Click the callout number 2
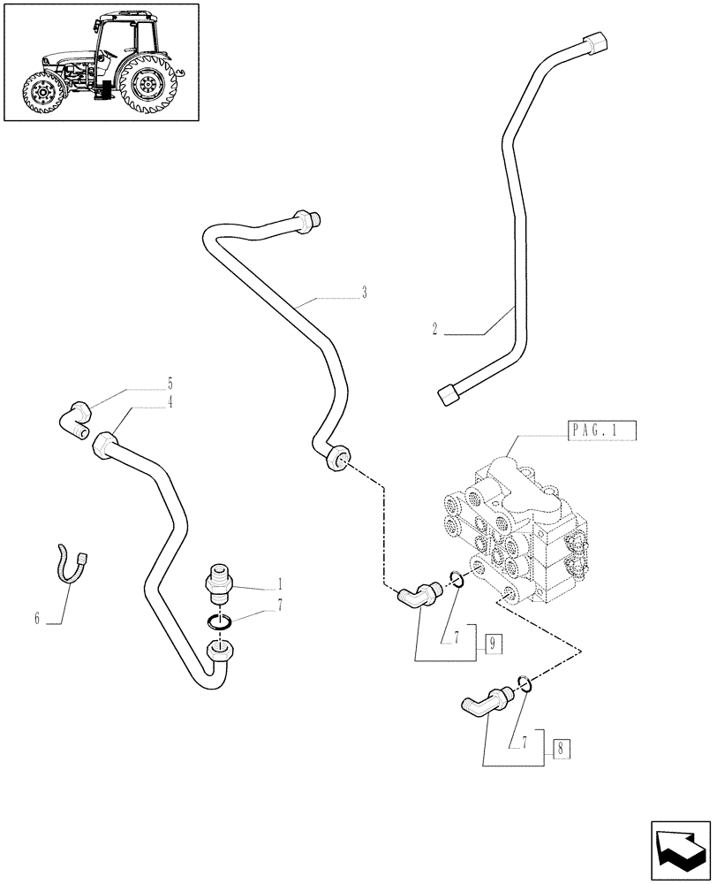coord(434,329)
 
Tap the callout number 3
coord(364,293)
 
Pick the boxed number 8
coord(561,749)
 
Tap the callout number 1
coord(280,584)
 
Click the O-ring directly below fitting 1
coord(221,621)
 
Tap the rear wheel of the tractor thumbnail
coord(147,87)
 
